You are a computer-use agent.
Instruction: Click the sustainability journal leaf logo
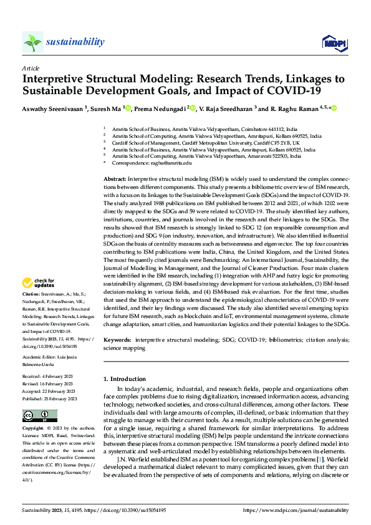click(32, 42)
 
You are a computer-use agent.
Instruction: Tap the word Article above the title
click(31, 68)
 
